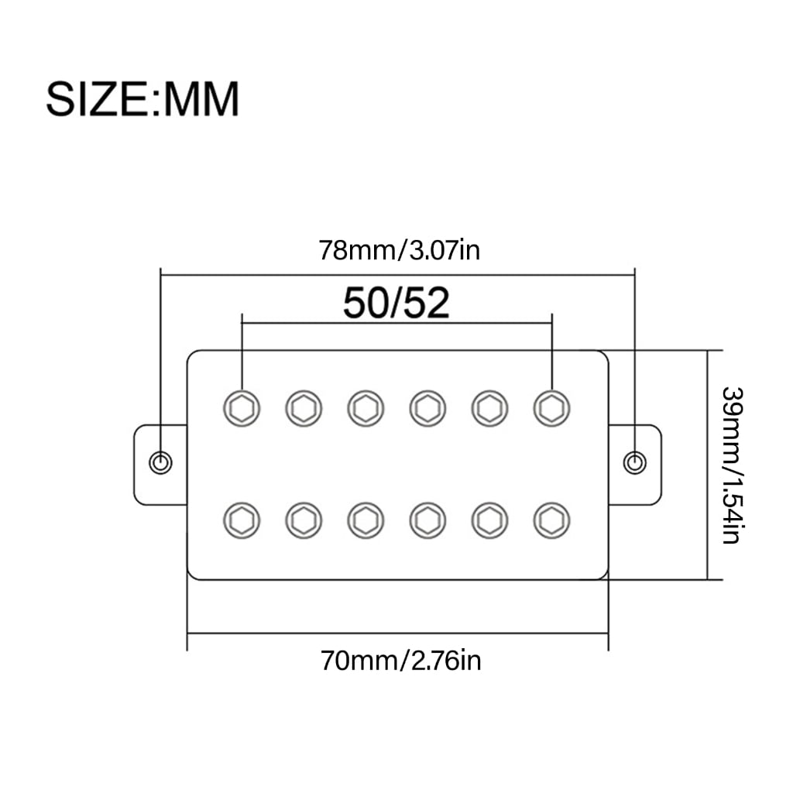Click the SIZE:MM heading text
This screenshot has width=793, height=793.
[142, 99]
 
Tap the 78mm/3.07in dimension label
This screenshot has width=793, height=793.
[399, 250]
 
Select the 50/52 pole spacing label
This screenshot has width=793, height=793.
[396, 303]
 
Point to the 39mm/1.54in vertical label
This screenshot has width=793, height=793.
[731, 465]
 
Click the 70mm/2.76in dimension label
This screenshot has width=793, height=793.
[400, 661]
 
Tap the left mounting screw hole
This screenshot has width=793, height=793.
[161, 463]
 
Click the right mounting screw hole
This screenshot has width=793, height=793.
[635, 463]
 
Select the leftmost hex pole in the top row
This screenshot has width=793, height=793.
[242, 408]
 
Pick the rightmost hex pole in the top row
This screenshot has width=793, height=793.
[551, 408]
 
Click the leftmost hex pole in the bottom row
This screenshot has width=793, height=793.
[242, 520]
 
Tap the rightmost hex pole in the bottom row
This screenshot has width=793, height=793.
[551, 520]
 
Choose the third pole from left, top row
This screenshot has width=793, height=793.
[366, 408]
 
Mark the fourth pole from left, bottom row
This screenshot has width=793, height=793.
[427, 520]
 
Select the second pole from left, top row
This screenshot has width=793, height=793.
[304, 408]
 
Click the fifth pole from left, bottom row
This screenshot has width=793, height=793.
[489, 520]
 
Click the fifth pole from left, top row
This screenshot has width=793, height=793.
[489, 408]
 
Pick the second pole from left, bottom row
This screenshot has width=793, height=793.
[304, 520]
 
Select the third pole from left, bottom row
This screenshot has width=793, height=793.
[366, 520]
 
